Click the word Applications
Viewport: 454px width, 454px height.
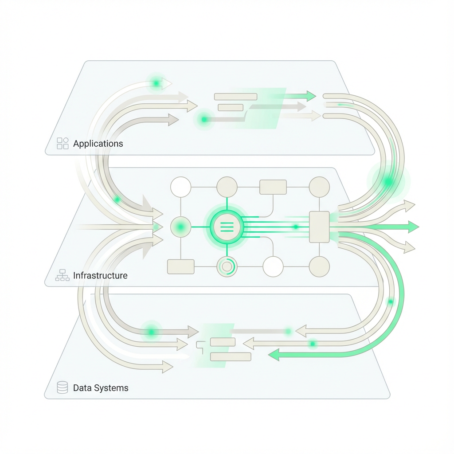pyautogui.click(x=98, y=144)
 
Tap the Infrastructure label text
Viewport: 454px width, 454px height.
pyautogui.click(x=100, y=275)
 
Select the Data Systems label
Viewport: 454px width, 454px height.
pyautogui.click(x=101, y=388)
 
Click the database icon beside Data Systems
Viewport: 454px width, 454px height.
pyautogui.click(x=63, y=388)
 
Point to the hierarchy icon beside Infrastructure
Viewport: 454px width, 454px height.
pyautogui.click(x=63, y=275)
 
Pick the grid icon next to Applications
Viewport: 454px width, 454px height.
pyautogui.click(x=63, y=143)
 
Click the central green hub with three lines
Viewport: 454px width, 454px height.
pyautogui.click(x=227, y=227)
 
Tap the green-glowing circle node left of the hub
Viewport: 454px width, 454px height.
pyautogui.click(x=180, y=227)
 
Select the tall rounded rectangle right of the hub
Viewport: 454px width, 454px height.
pyautogui.click(x=319, y=227)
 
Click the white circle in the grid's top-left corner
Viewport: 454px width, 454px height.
pyautogui.click(x=180, y=187)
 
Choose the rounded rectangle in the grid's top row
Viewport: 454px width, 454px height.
pyautogui.click(x=273, y=187)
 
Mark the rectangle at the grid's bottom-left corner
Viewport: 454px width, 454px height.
pyautogui.click(x=180, y=266)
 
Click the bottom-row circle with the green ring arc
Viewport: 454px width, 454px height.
pyautogui.click(x=227, y=266)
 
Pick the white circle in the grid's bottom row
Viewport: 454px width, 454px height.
pyautogui.click(x=273, y=266)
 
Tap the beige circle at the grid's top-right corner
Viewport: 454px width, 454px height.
pyautogui.click(x=319, y=187)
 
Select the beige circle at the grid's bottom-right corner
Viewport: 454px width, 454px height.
pyautogui.click(x=319, y=266)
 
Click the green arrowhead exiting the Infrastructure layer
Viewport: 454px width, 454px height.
pyautogui.click(x=413, y=227)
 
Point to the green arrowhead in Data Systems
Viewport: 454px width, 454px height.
pyautogui.click(x=274, y=354)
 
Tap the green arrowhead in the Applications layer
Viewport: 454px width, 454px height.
pyautogui.click(x=311, y=96)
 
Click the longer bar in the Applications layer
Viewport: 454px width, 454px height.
pyautogui.click(x=235, y=97)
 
